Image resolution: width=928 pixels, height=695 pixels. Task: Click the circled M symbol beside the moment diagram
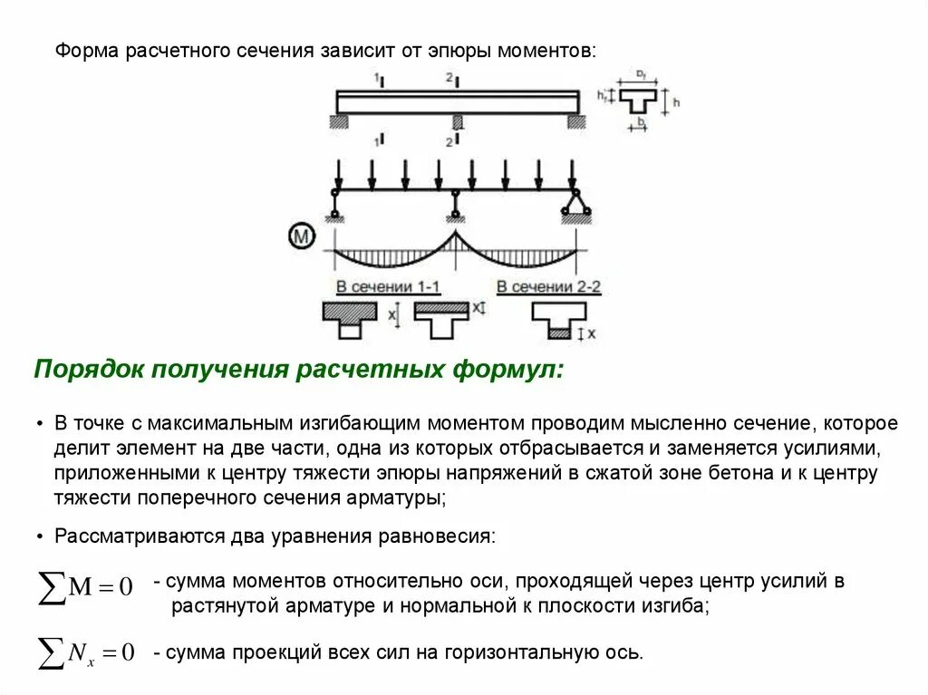coord(301,237)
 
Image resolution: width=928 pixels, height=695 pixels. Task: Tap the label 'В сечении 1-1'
coord(388,287)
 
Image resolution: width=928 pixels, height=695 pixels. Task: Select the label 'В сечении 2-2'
coord(548,287)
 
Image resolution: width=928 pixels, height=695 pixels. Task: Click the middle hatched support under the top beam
coord(458,121)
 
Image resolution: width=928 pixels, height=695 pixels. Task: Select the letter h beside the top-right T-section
coord(676,102)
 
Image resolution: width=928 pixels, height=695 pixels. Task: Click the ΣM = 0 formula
coord(85,586)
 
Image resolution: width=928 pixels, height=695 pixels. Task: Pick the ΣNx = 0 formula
coord(85,650)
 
